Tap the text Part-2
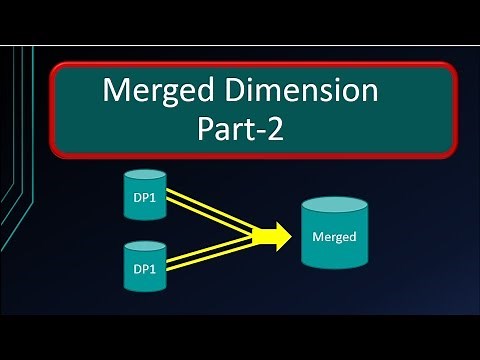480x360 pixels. click(x=241, y=130)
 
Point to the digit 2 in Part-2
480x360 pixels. click(x=274, y=130)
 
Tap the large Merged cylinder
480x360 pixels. click(x=335, y=236)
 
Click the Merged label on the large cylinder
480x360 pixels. click(x=335, y=238)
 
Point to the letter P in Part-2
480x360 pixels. click(x=209, y=130)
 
